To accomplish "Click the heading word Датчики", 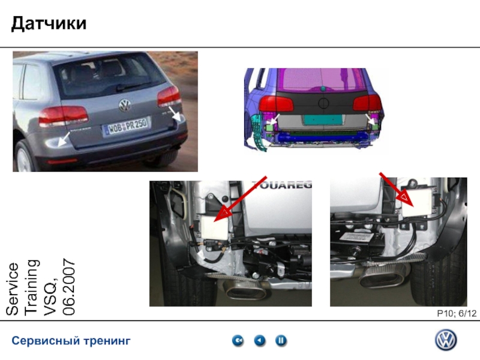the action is pyautogui.click(x=49, y=23).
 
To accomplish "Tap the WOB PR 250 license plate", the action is pyautogui.click(x=126, y=126).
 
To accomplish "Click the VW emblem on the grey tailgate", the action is pyautogui.click(x=125, y=106).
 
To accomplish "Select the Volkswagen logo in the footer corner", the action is pyautogui.click(x=446, y=340).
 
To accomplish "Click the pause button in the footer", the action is pyautogui.click(x=281, y=340).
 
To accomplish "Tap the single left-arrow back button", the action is pyautogui.click(x=260, y=340).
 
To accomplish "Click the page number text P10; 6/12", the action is pyautogui.click(x=457, y=313).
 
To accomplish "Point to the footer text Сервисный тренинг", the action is pyautogui.click(x=71, y=341).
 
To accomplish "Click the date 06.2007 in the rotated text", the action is pyautogui.click(x=69, y=287).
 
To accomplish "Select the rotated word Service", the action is pyautogui.click(x=13, y=289).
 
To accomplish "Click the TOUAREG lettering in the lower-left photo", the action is pyautogui.click(x=281, y=184).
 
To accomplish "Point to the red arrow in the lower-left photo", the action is pyautogui.click(x=241, y=199).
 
